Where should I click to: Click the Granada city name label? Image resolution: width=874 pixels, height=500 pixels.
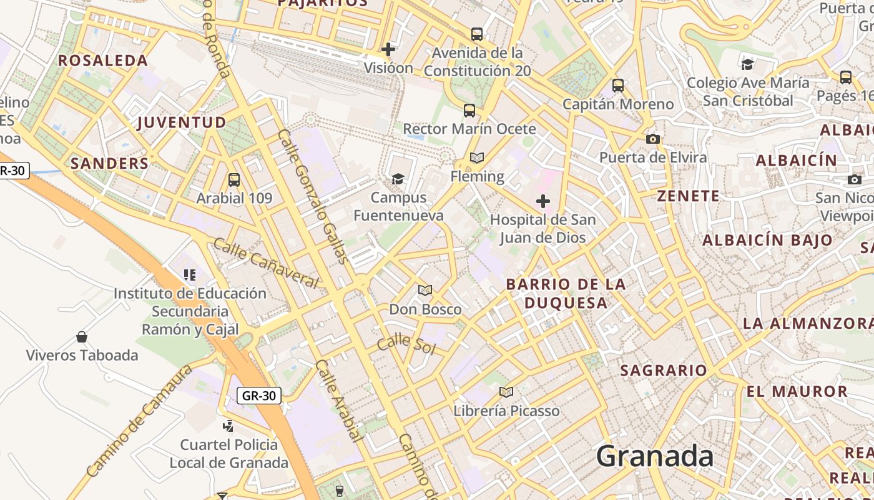[x=654, y=456]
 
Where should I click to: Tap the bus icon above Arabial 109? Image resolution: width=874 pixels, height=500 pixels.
[x=234, y=180]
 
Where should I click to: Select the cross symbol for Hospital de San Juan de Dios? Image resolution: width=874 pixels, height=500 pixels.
[x=543, y=201]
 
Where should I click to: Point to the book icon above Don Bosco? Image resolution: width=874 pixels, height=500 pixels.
[x=425, y=291]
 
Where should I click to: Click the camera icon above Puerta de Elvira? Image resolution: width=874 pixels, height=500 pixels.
[x=653, y=139]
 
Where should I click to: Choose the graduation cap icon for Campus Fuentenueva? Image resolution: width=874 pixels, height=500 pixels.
[x=398, y=179]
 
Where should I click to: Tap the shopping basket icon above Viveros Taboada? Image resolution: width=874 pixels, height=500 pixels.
[x=82, y=337]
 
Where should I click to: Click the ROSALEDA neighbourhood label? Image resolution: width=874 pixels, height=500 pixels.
[x=103, y=61]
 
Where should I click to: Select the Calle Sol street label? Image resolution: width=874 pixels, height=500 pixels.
[x=406, y=343]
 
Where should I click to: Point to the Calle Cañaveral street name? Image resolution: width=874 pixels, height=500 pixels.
[x=266, y=263]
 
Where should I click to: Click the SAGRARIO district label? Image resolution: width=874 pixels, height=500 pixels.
[x=664, y=371]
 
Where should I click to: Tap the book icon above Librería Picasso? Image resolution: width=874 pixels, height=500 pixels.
[x=506, y=392]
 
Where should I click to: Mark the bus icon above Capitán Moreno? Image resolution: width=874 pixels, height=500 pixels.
[x=618, y=86]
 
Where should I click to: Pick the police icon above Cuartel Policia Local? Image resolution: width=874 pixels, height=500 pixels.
[x=228, y=426]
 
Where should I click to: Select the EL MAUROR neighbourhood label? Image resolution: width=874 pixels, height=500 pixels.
[x=797, y=392]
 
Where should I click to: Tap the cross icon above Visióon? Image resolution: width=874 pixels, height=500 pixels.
[x=388, y=49]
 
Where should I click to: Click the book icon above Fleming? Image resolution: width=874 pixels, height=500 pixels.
[x=477, y=157]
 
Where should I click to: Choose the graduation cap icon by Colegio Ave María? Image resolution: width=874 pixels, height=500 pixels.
[x=747, y=64]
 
